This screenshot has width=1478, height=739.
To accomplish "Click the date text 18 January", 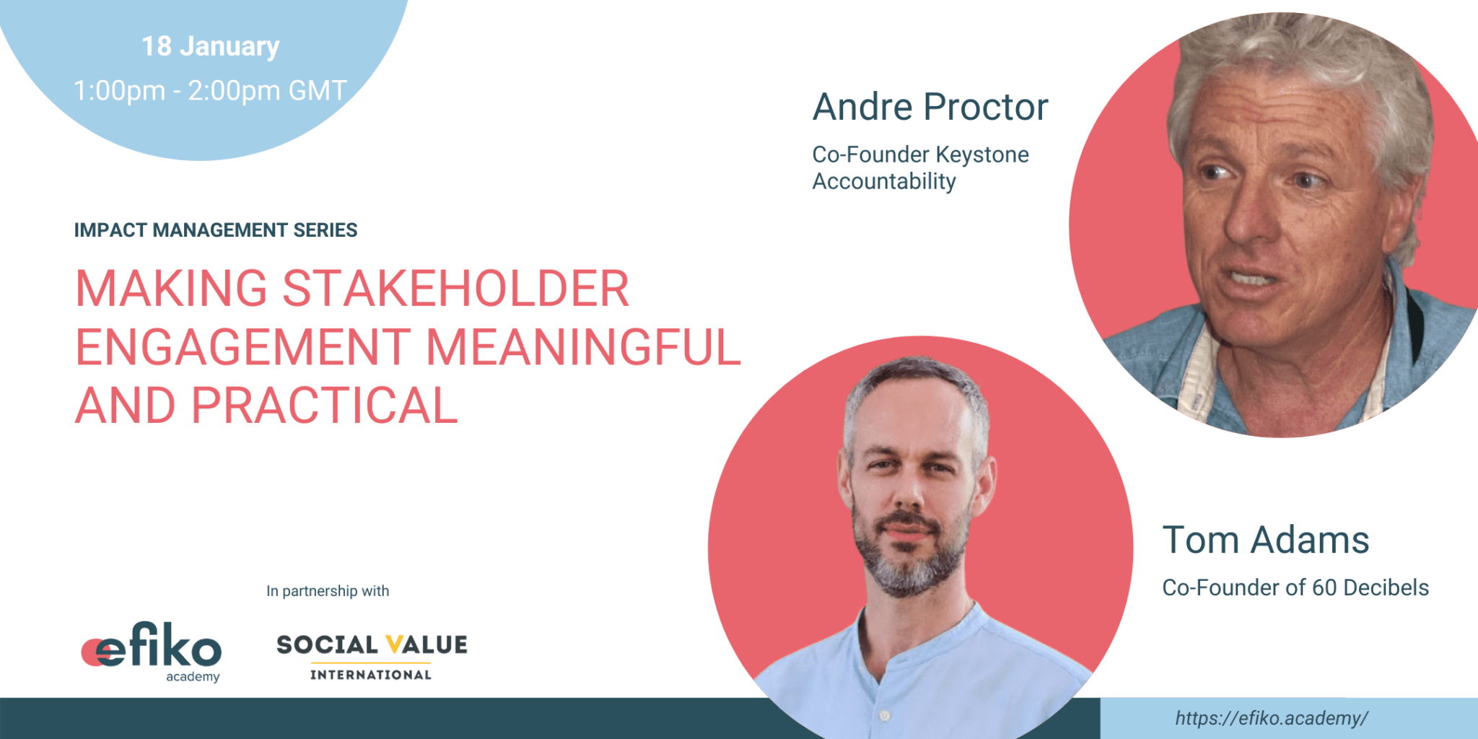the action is tap(210, 47).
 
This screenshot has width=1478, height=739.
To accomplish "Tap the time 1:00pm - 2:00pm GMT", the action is tap(210, 91).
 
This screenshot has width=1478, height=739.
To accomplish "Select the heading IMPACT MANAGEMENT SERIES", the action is tap(216, 230).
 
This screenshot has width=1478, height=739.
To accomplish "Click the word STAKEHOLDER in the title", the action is tap(455, 289).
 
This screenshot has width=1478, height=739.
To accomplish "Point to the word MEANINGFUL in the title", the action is tap(583, 347).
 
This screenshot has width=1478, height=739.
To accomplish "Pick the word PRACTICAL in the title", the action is tap(324, 406).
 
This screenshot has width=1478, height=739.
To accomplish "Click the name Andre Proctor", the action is tap(930, 108).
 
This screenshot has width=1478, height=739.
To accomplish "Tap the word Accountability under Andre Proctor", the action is tap(884, 182).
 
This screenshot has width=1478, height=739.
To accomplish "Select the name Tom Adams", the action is tap(1266, 540).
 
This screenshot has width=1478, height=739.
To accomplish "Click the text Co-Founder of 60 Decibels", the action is tap(1295, 587).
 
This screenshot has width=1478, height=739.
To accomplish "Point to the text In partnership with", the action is tap(328, 591).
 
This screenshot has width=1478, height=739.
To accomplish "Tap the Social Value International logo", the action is tap(372, 657).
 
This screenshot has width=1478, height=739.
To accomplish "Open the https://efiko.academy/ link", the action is tap(1272, 718).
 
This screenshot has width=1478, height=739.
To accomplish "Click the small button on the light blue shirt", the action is tap(885, 715).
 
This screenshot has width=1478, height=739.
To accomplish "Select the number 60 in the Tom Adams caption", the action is tap(1324, 587).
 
